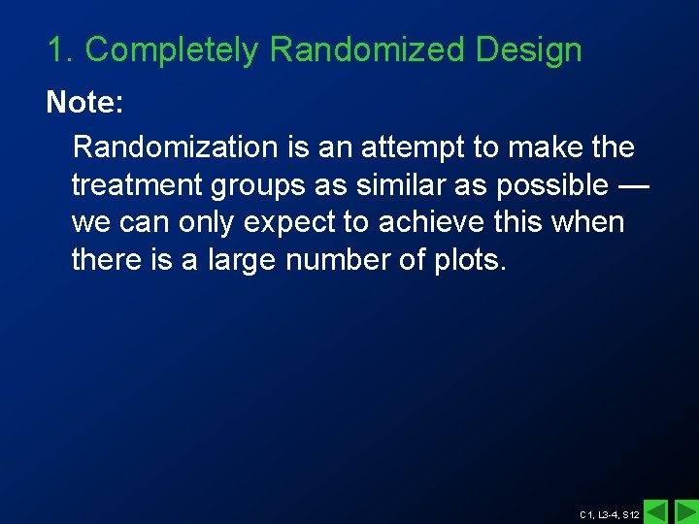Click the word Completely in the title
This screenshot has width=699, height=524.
pos(171,50)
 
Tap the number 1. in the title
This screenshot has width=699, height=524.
pos(60,50)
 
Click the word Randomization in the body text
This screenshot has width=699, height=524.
pos(175,147)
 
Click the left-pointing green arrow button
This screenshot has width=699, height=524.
pos(656,510)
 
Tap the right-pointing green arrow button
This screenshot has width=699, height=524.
pos(685,510)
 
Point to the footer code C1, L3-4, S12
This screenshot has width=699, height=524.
pos(609,514)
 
